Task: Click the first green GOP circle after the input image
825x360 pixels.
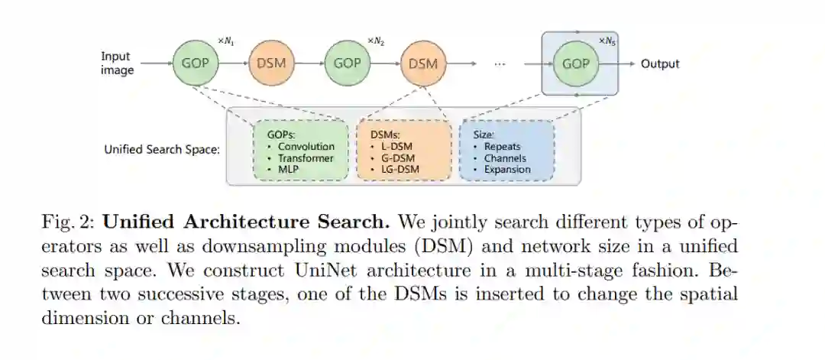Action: click(195, 63)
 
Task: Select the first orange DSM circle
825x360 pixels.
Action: click(270, 63)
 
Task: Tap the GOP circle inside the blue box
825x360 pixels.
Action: click(575, 63)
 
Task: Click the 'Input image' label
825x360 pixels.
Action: click(117, 63)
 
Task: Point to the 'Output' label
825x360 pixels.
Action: click(660, 63)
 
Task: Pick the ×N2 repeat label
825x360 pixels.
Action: click(375, 40)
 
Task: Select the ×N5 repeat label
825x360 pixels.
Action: click(607, 40)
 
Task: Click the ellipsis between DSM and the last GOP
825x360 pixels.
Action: click(500, 64)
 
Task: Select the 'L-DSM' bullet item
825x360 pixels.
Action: click(394, 146)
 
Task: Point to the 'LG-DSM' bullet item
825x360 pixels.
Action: click(399, 169)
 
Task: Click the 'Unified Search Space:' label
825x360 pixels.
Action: click(162, 149)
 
